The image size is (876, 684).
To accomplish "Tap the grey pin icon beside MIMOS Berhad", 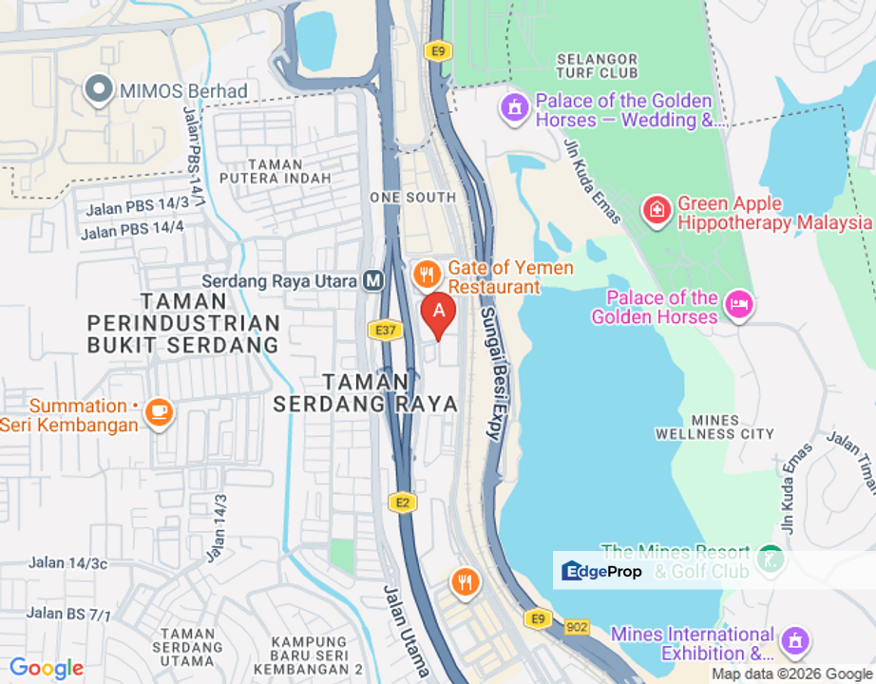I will [x=98, y=91].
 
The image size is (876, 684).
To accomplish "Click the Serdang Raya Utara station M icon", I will [x=372, y=281].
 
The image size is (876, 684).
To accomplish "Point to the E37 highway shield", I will [x=380, y=329].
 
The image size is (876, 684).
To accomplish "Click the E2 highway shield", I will [x=401, y=503].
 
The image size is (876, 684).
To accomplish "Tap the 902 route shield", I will [x=576, y=628].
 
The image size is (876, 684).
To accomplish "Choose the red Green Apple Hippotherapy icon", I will [x=657, y=212].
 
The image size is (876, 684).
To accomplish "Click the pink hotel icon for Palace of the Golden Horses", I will [x=738, y=306].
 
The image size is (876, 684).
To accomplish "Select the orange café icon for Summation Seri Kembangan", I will [x=159, y=413].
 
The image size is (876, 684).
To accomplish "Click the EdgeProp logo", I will [x=602, y=571].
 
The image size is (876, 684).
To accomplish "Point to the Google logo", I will [x=46, y=669].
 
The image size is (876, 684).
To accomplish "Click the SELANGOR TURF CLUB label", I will [x=597, y=66].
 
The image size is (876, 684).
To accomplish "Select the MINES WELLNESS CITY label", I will [x=714, y=427].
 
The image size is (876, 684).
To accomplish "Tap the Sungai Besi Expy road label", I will [x=490, y=372].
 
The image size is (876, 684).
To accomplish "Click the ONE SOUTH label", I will [x=412, y=198].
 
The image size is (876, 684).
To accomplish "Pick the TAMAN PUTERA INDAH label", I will [x=276, y=171].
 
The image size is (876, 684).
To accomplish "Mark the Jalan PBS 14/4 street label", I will [x=132, y=230].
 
